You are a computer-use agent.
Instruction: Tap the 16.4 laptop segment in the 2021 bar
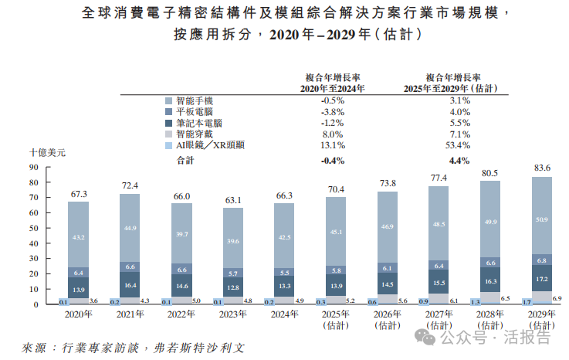click(x=130, y=285)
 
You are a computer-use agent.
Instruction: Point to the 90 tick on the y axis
click(x=34, y=167)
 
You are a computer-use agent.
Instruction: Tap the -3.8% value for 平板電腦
click(x=333, y=112)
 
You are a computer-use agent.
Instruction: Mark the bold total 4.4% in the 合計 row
click(x=459, y=161)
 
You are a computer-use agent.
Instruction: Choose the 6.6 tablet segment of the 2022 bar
click(x=182, y=270)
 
